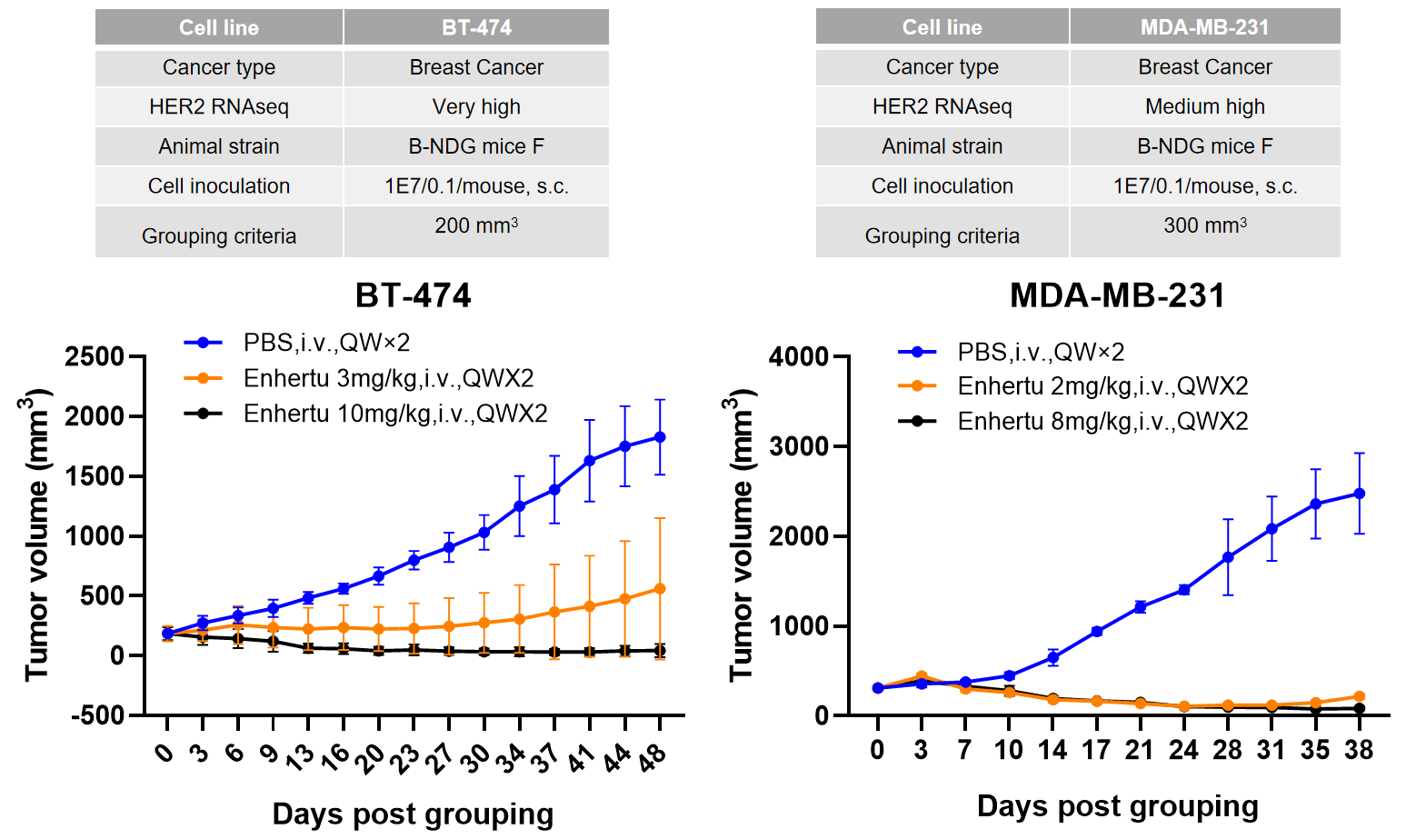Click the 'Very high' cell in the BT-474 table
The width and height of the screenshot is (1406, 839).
[x=476, y=107]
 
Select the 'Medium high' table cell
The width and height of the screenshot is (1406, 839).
[x=1205, y=107]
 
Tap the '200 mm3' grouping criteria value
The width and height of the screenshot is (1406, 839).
[x=476, y=225]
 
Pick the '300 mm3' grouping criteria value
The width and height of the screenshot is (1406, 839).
[x=1205, y=225]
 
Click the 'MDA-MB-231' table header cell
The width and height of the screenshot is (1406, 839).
[x=1205, y=27]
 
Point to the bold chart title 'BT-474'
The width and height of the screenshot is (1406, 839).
[x=414, y=295]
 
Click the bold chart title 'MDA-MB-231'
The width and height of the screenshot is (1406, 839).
[x=1117, y=295]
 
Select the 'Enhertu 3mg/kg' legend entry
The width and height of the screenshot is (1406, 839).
[x=388, y=378]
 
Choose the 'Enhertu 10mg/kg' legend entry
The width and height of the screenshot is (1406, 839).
[x=395, y=414]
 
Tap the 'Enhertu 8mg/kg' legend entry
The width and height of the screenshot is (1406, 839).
[x=1102, y=421]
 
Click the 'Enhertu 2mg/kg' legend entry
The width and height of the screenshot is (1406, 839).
[x=1102, y=386]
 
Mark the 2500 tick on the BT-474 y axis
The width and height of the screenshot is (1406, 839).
[x=95, y=356]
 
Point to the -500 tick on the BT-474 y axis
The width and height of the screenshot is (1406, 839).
[x=97, y=715]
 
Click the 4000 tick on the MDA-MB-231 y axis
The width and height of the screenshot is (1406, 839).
[x=799, y=356]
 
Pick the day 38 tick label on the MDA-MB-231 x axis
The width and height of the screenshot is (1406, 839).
[x=1359, y=750]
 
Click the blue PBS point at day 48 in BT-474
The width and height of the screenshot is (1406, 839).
[x=660, y=437]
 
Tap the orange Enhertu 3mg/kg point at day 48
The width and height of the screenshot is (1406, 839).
[x=660, y=589]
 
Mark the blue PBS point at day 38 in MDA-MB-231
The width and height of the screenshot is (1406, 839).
[x=1360, y=494]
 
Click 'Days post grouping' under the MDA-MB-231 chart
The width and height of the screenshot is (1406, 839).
[x=1117, y=806]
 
